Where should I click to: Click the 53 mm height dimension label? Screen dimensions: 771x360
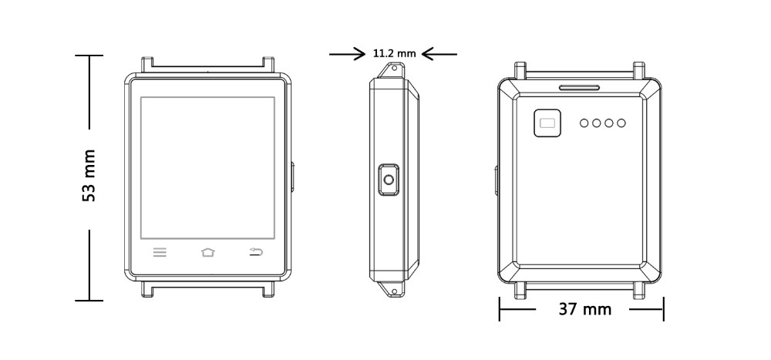coord(89,175)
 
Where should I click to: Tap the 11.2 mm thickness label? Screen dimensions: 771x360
coord(394,54)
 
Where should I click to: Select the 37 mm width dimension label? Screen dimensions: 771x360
coord(585,309)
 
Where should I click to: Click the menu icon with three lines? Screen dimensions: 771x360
coord(160,252)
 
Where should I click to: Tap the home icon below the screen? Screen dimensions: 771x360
coord(208,252)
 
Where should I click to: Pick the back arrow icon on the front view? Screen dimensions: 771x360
coord(256,252)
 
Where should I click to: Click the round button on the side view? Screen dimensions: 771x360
coord(389,180)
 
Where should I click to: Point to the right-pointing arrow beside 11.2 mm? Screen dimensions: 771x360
coord(347,54)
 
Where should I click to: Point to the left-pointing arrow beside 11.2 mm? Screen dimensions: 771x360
coord(439,54)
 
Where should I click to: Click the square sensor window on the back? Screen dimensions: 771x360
coord(547,123)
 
